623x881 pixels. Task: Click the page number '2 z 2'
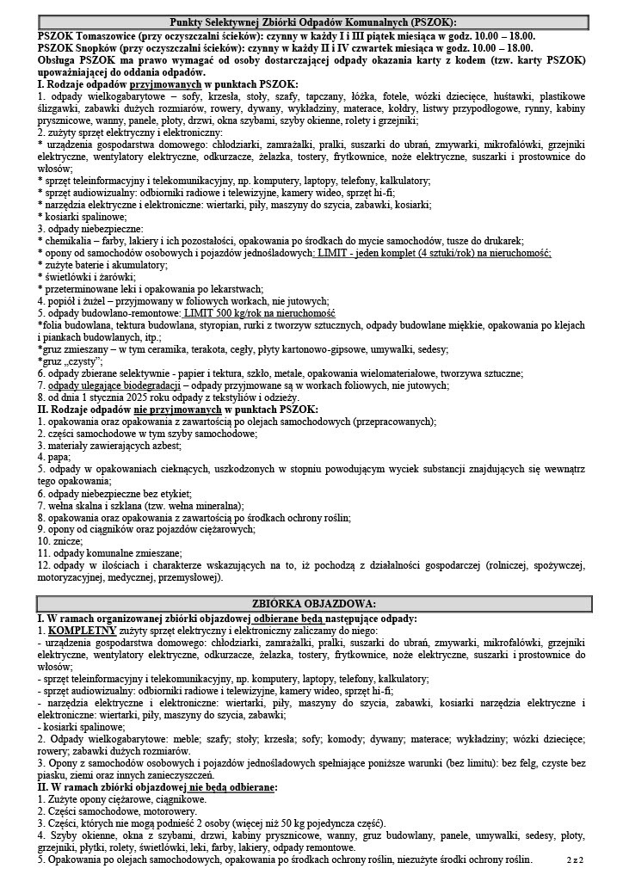click(x=576, y=859)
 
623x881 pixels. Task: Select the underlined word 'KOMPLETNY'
click(x=82, y=630)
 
